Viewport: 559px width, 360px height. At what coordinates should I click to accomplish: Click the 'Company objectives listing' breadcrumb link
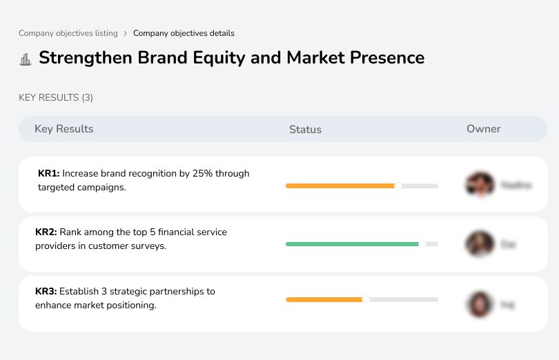click(x=68, y=33)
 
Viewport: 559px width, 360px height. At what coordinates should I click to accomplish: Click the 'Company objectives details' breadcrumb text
click(x=184, y=33)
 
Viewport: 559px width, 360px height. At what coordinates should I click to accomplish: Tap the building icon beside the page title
click(x=26, y=59)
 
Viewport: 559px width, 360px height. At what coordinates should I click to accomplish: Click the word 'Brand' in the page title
click(x=165, y=57)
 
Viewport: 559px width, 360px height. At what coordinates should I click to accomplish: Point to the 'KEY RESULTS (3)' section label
click(x=56, y=98)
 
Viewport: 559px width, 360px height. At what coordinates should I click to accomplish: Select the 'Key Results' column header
click(x=63, y=129)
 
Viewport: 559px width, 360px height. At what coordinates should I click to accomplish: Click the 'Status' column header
click(x=305, y=130)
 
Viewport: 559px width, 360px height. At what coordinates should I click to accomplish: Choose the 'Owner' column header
click(x=483, y=129)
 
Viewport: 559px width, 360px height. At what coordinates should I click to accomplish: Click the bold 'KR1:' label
click(x=49, y=174)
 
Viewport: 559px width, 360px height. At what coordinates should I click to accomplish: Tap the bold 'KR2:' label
click(x=46, y=232)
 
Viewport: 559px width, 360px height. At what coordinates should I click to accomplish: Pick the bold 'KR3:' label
click(x=46, y=292)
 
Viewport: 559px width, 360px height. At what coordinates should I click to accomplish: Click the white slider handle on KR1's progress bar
click(x=398, y=186)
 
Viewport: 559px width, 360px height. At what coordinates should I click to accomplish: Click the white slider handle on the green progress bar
click(x=422, y=243)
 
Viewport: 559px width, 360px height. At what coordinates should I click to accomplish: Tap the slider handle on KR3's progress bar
click(x=366, y=299)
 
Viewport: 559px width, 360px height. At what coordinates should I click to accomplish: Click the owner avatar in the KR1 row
click(x=480, y=185)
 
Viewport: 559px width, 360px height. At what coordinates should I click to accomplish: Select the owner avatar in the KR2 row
click(x=480, y=244)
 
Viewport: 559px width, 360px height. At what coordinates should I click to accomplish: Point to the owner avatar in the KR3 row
click(x=480, y=303)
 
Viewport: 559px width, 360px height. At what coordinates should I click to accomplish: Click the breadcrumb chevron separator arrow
click(x=125, y=33)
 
